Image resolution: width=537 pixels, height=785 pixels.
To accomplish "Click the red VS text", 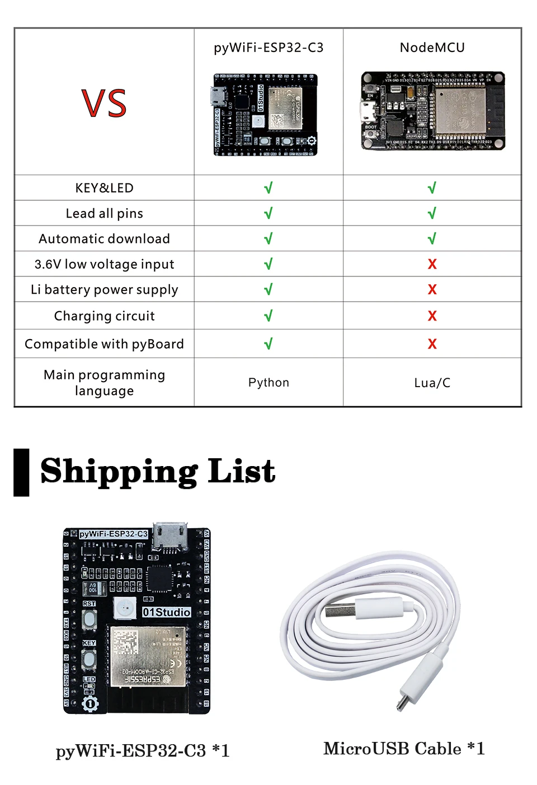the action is pos(104,103).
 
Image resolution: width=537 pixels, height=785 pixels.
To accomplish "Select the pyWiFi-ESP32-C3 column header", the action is pos(268,48).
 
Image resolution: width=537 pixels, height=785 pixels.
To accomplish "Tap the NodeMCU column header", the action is pos(432,48).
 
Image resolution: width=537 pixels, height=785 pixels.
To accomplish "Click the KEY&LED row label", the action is pos(104,188).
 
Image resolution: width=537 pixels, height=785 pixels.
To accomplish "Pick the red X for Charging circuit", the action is pos(432,316).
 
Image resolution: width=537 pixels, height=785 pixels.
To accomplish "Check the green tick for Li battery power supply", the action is pos(268,289).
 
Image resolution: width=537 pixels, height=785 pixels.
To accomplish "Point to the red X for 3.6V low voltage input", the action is pos(432,264).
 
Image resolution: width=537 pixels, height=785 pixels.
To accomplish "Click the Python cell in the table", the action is pos(268,383).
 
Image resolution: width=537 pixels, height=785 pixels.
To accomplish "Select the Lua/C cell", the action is pos(432,383).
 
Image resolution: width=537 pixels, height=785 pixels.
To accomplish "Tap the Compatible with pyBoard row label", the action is pos(104,344).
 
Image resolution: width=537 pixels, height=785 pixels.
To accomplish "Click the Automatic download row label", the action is pos(104,239).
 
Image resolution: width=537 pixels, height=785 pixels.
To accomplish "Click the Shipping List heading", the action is pos(158,471).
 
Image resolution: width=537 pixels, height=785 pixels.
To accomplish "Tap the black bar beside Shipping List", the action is pos(21,472).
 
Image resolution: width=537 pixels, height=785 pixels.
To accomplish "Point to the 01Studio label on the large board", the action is pos(166,612).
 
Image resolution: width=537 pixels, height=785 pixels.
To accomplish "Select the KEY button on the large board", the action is pos(89,658).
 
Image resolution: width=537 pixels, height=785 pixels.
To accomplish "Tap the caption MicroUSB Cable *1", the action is pos(404,749).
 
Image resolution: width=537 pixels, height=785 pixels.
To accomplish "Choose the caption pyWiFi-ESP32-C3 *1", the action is pos(143,750).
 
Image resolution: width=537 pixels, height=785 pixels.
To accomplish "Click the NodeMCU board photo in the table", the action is pos(432,111).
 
